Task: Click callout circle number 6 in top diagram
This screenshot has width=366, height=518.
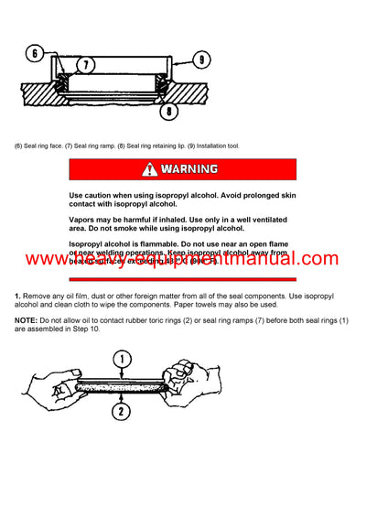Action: click(x=33, y=54)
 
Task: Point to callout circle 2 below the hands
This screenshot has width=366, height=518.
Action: click(x=120, y=411)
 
